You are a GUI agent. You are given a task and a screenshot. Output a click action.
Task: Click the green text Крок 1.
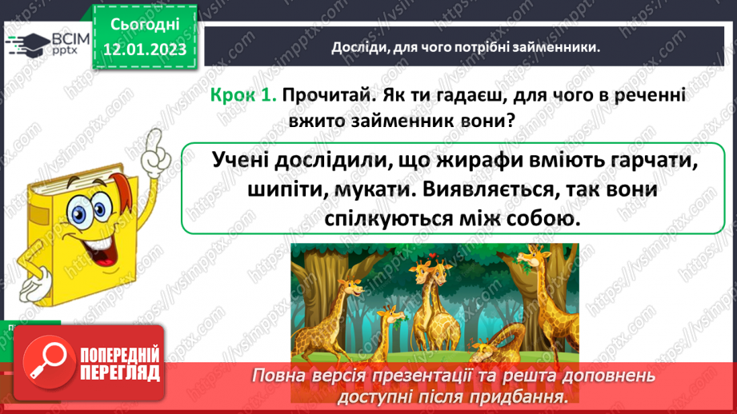tap(243, 94)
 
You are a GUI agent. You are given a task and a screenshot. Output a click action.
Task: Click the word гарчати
tap(643, 159)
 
